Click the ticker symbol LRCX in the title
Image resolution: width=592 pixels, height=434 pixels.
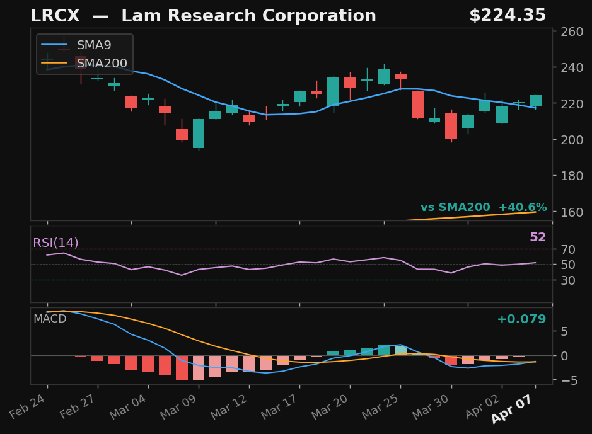pos(55,16)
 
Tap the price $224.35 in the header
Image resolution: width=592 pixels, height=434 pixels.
pos(507,16)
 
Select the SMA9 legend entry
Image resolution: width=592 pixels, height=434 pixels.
pos(94,45)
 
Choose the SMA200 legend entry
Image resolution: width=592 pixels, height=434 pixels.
pos(102,64)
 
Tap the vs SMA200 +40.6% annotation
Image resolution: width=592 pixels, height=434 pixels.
pos(484,208)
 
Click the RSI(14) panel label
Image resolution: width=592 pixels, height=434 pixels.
pos(55,243)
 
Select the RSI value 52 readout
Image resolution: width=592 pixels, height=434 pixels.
pos(538,237)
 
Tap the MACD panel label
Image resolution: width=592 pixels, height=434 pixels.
pos(50,319)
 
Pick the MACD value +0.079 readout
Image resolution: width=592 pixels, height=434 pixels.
pos(521,319)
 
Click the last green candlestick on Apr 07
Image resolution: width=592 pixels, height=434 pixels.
pos(535,101)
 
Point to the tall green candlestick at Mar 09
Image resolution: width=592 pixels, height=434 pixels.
pos(199,134)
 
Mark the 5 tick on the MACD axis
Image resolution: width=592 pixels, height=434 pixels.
pos(566,331)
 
